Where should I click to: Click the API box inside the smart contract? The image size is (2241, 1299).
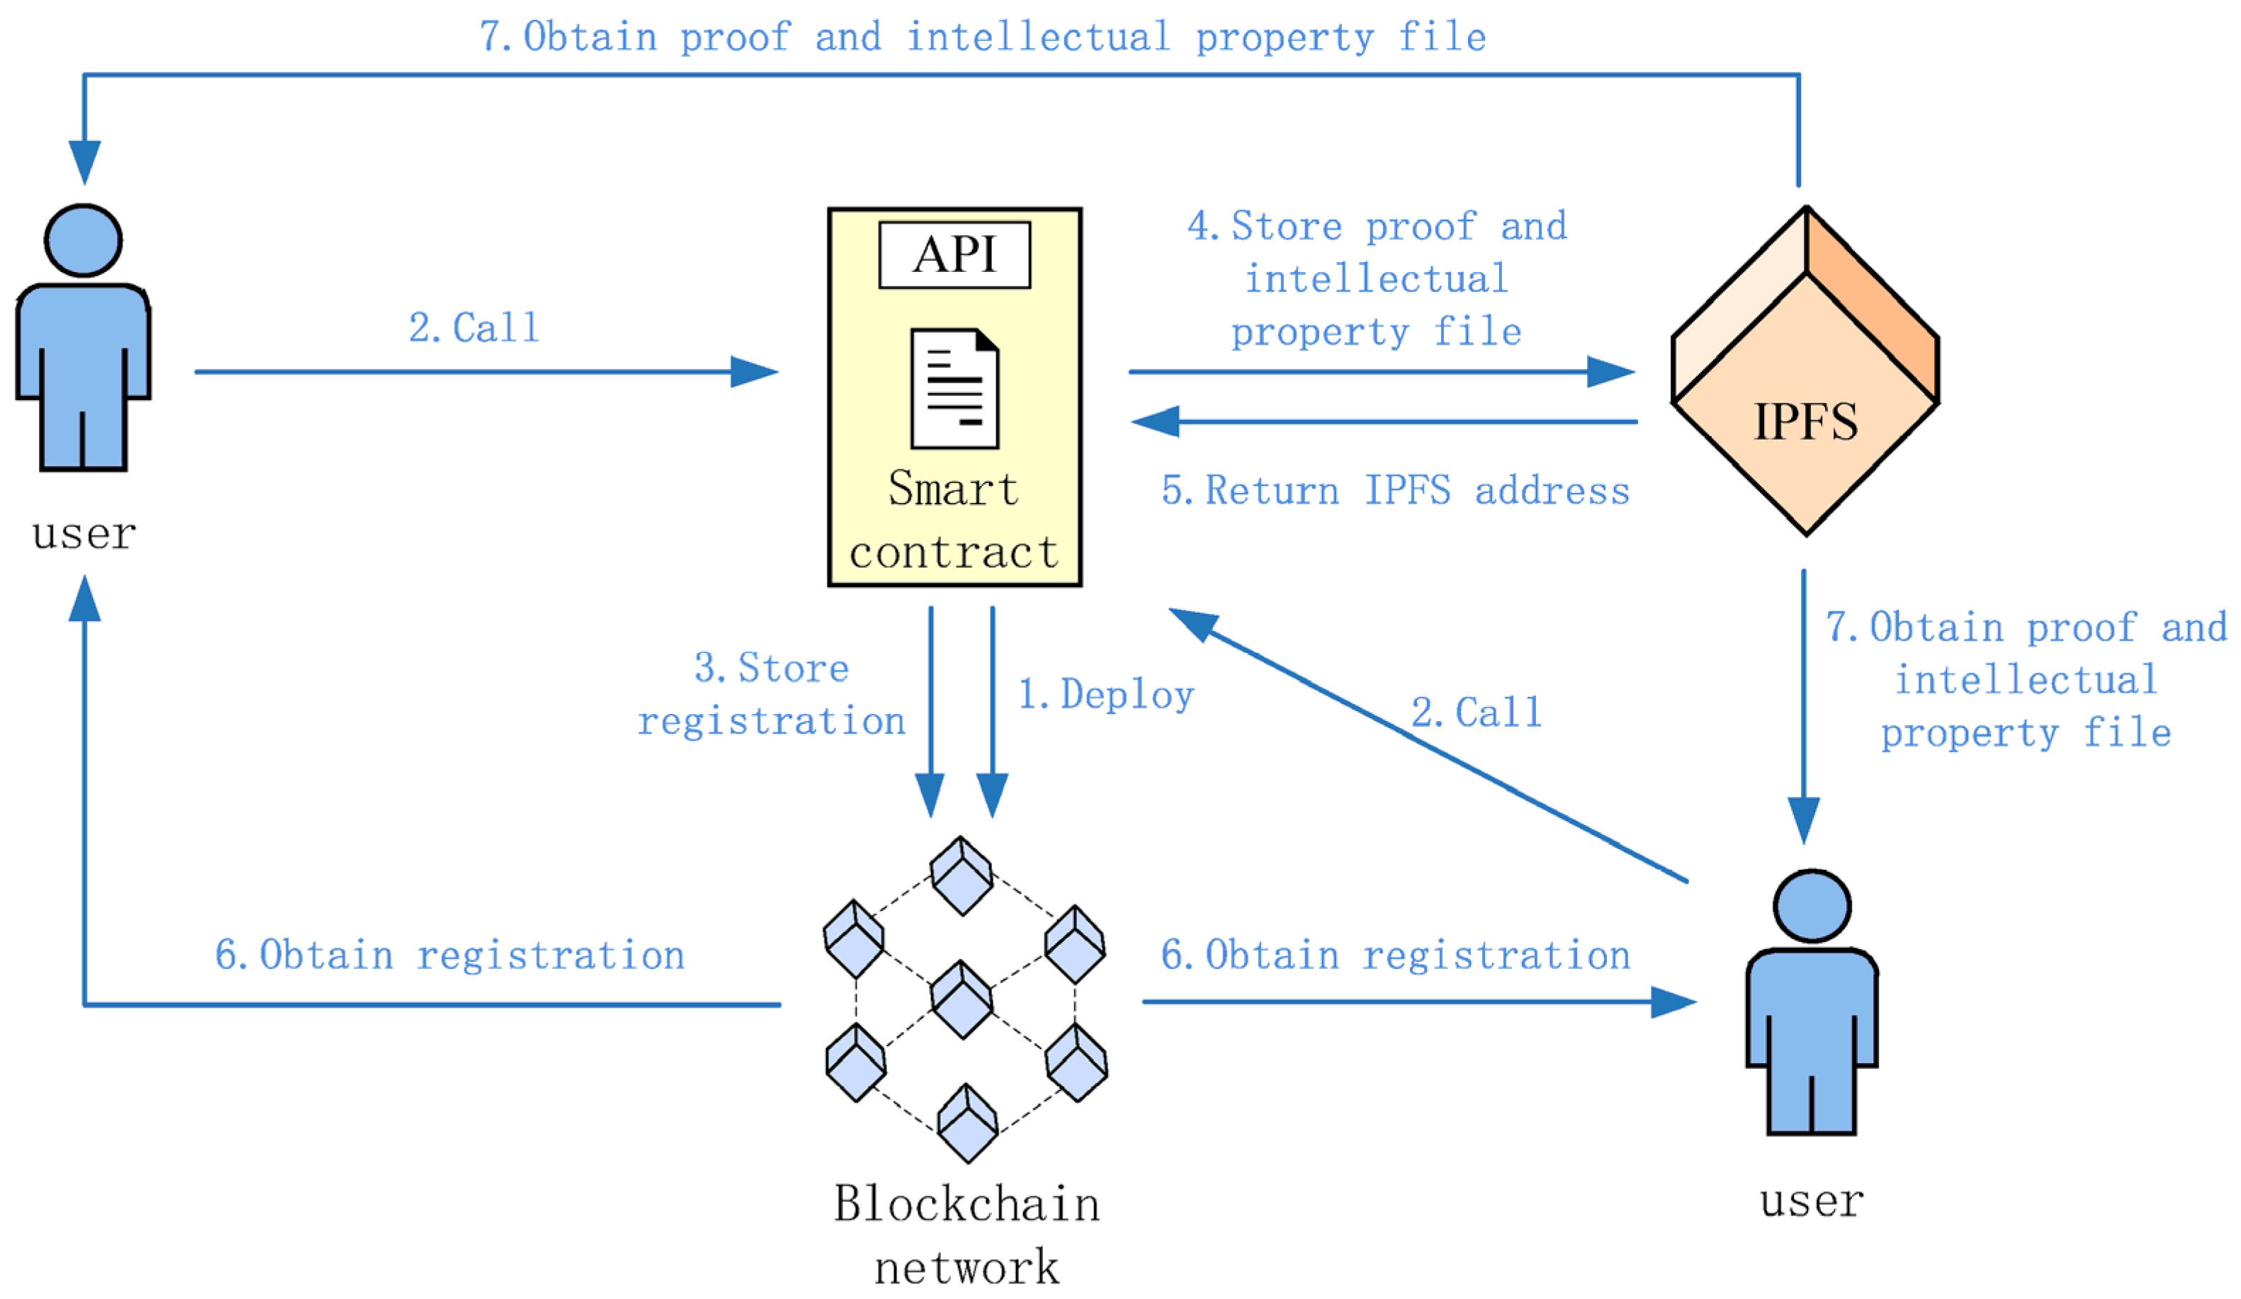tap(954, 255)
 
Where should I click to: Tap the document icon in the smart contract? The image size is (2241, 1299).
tap(954, 389)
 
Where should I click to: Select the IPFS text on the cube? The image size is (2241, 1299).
tap(1805, 421)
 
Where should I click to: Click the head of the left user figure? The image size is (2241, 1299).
tap(84, 240)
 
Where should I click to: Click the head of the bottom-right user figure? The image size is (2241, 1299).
tap(1812, 906)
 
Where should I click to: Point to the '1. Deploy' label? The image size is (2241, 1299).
tap(1105, 694)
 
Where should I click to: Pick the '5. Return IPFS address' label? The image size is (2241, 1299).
tap(1395, 491)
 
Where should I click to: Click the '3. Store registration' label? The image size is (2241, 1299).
tap(772, 694)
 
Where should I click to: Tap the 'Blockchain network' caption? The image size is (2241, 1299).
tap(966, 1235)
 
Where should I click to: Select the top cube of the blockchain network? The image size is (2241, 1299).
tap(961, 875)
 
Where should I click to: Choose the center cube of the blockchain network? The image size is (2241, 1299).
tap(961, 999)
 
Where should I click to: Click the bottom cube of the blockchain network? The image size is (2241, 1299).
tap(968, 1123)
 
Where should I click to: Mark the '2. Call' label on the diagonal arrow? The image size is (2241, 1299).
tap(1477, 712)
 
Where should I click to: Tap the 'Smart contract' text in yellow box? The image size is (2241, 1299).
tap(954, 520)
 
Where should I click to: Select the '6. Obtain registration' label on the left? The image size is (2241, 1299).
tap(450, 955)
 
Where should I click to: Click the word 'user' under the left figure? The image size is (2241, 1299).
tap(84, 534)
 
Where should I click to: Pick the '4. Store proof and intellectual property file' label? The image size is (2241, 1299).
tap(1377, 279)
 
